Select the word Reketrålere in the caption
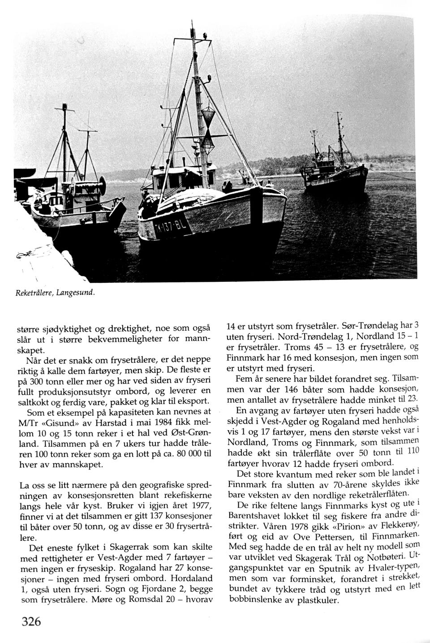tap(34, 292)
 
